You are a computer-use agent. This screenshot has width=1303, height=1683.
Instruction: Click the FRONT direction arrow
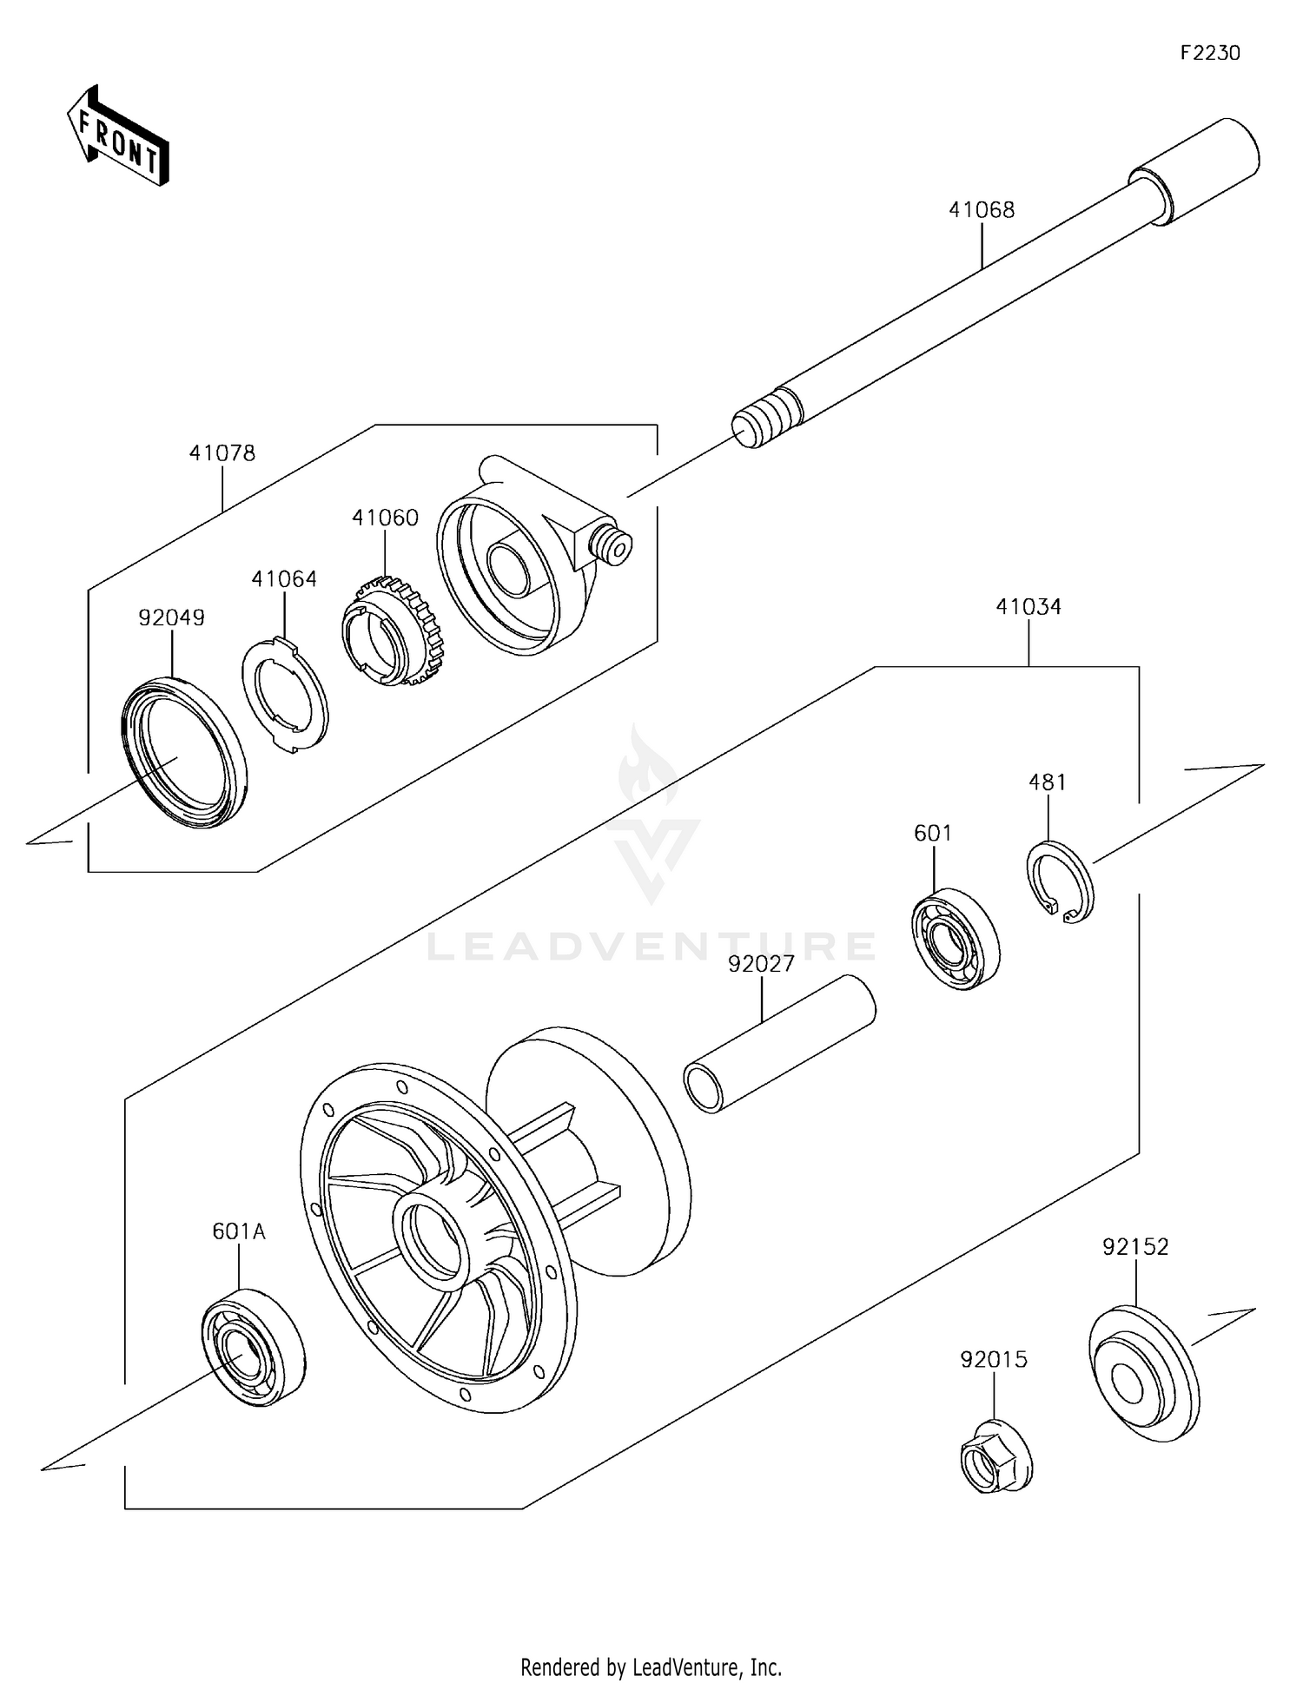117,136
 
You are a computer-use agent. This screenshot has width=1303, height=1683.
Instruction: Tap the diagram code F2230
1209,53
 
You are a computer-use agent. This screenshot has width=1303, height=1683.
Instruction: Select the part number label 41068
981,210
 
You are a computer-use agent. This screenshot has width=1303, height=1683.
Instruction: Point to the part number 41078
222,453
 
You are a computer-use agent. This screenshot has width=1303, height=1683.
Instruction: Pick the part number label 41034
1029,606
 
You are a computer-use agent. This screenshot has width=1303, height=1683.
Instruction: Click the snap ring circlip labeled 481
1061,882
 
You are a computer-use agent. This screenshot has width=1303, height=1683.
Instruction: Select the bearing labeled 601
955,939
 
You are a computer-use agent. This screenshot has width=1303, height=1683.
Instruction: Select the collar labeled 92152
1143,1374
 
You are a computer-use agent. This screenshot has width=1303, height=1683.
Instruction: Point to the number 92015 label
993,1359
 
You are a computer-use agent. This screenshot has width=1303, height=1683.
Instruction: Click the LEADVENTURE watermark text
651,947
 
